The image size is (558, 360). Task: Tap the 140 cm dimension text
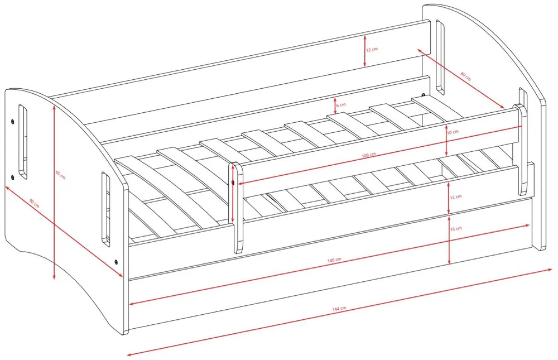[334, 260]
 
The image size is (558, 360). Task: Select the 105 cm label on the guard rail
[369, 155]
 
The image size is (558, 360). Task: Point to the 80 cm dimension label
[465, 76]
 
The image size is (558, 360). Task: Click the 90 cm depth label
[34, 204]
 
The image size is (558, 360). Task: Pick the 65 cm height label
[60, 175]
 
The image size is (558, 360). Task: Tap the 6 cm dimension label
[340, 105]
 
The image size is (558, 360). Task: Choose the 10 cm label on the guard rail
[453, 132]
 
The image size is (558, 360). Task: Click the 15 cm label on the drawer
[456, 229]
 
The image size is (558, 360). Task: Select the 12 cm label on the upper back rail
[372, 50]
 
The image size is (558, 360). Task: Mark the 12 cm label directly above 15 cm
[456, 197]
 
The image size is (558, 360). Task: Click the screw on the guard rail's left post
[232, 183]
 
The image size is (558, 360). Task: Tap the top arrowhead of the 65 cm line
[54, 109]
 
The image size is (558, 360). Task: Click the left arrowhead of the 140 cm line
[132, 304]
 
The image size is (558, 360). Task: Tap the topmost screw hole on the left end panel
[12, 121]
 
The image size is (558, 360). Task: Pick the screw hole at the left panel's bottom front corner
[116, 262]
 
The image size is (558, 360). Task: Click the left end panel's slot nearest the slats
[105, 209]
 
